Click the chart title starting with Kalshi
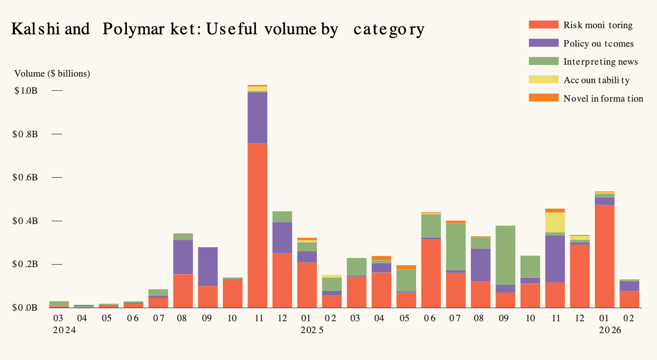coord(218,29)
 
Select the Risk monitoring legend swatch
coord(543,25)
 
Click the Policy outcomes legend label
coord(598,44)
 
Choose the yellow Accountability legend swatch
coord(543,80)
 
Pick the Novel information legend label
coord(603,99)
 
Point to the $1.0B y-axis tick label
coord(26,91)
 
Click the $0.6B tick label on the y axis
coord(25,177)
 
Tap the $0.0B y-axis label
coord(25,308)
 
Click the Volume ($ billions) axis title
coord(52,73)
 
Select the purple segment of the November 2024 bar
coord(257,118)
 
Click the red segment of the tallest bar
coord(257,225)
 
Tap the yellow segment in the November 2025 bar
coord(555,223)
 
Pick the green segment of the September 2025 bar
coord(506,255)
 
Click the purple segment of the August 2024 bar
coord(183,257)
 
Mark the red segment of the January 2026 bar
coord(605,256)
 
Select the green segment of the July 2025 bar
coord(456,247)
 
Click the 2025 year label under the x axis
coord(312,330)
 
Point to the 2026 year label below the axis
coord(610,330)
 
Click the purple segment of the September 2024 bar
coord(208,267)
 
